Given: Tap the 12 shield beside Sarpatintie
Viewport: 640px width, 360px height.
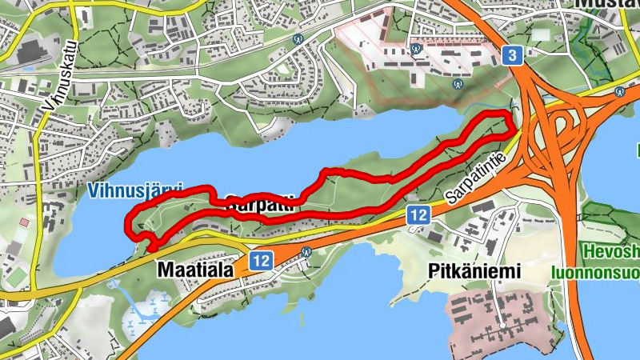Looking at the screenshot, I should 418,214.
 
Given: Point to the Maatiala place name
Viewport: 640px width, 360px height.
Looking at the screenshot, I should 195,270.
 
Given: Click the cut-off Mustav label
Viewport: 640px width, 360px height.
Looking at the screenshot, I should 607,4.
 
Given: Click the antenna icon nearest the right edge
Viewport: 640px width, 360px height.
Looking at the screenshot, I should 619,92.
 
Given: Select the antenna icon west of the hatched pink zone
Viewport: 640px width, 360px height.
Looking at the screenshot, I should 298,37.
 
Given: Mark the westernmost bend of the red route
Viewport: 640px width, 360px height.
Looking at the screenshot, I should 128,223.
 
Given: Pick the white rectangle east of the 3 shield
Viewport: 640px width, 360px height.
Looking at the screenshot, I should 542,34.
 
